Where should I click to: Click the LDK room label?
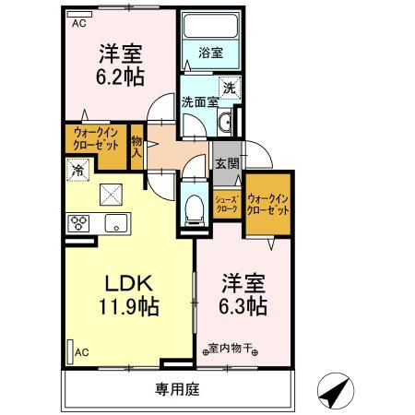pos(122,282)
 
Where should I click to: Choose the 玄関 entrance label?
pos(227,163)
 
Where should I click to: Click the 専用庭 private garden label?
pos(176,389)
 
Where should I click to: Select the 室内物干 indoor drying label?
pos(231,349)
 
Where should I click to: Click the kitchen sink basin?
pos(115,221)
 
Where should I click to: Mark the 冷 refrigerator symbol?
pos(78,170)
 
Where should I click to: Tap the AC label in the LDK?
pos(80,352)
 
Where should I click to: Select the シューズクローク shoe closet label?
pos(227,203)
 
